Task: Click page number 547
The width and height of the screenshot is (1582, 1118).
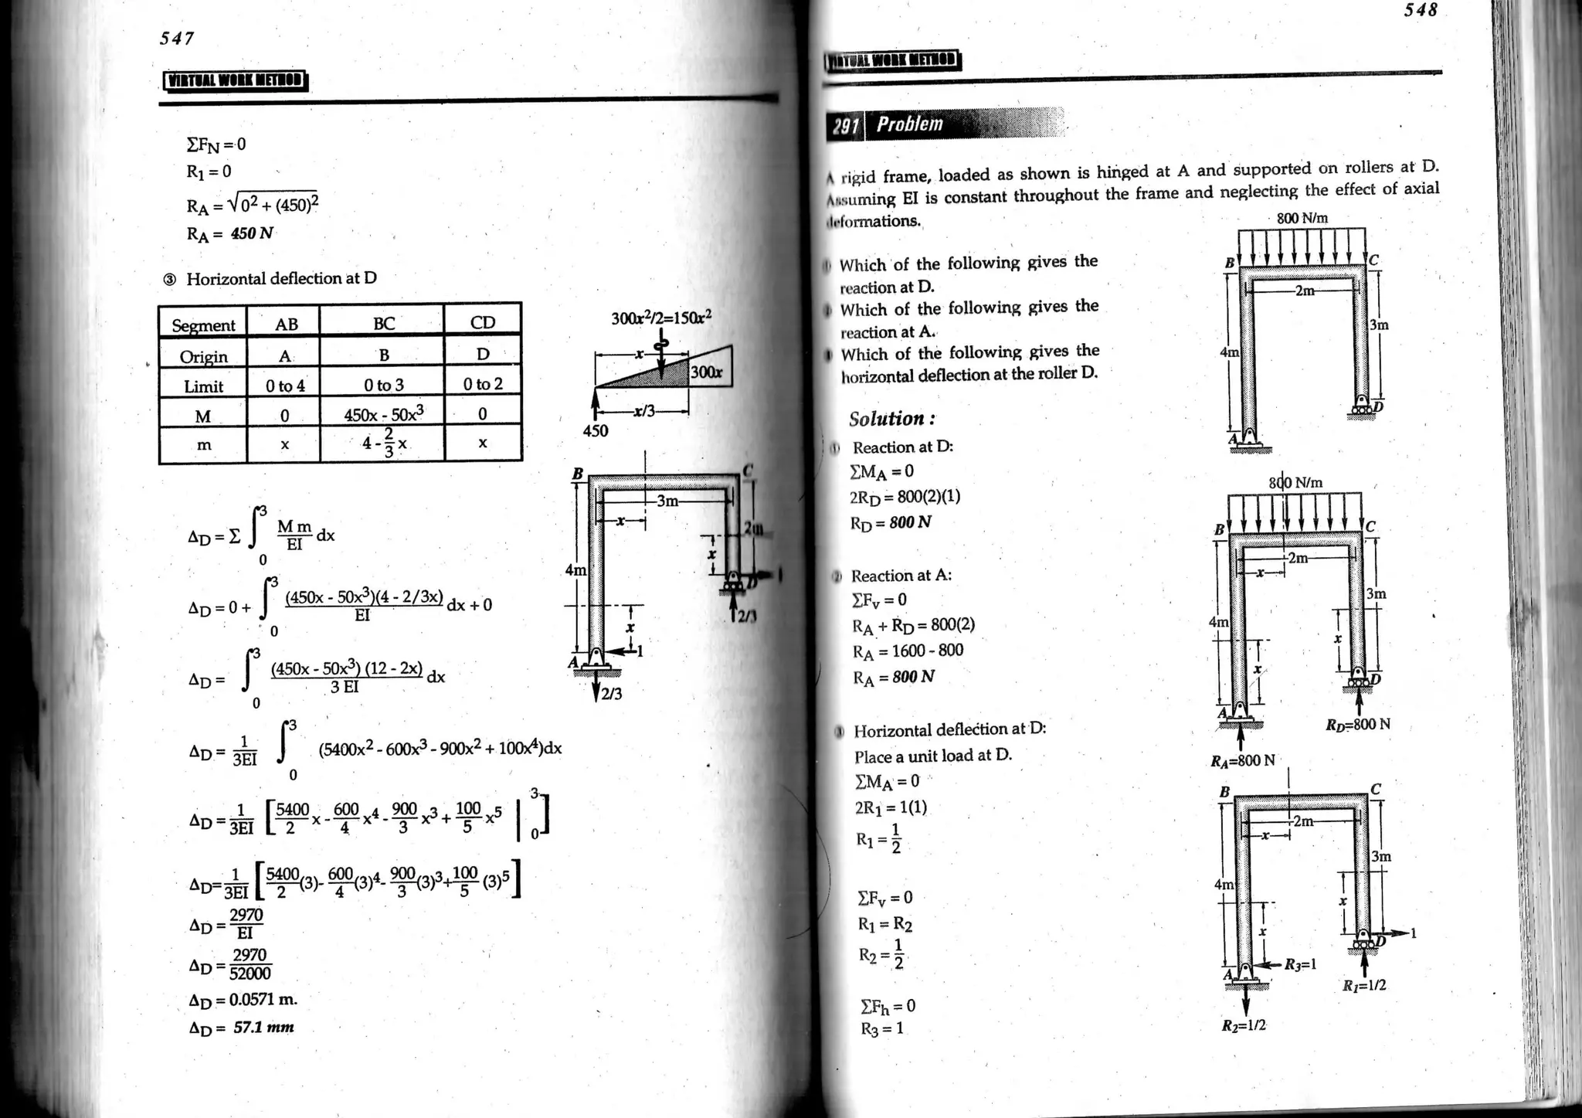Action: click(177, 38)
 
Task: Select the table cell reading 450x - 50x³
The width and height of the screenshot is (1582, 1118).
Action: click(383, 413)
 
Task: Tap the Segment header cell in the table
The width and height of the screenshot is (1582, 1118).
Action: click(203, 325)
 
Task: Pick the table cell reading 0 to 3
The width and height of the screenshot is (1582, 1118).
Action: click(383, 385)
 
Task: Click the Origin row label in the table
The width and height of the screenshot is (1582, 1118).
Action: click(203, 356)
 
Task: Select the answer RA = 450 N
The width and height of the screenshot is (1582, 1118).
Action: click(230, 233)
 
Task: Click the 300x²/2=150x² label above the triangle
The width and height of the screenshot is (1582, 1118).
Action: click(660, 318)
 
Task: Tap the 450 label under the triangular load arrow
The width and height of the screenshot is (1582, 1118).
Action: click(595, 431)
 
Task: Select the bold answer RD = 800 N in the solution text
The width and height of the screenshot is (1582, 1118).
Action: click(891, 522)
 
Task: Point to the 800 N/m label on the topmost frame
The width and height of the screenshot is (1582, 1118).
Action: click(1302, 219)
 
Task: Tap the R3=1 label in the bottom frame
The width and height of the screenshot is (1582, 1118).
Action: click(1301, 964)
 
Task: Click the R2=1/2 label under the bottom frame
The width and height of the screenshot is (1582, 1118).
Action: click(1244, 1025)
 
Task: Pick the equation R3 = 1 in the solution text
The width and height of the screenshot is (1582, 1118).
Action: click(881, 1028)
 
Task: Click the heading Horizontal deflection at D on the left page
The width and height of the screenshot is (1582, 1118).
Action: click(281, 278)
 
